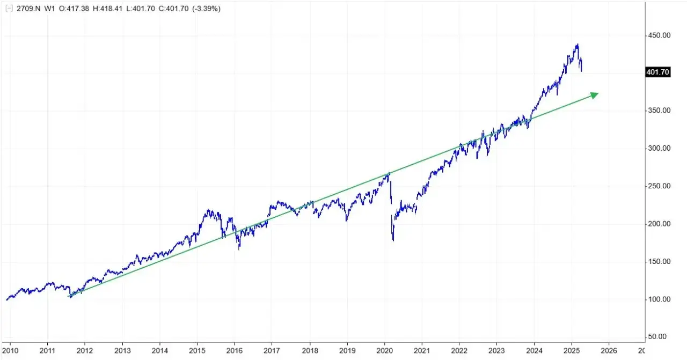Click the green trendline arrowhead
[x=595, y=94]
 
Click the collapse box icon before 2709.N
[x=8, y=9]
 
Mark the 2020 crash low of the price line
[x=393, y=240]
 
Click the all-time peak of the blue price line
[x=578, y=45]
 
